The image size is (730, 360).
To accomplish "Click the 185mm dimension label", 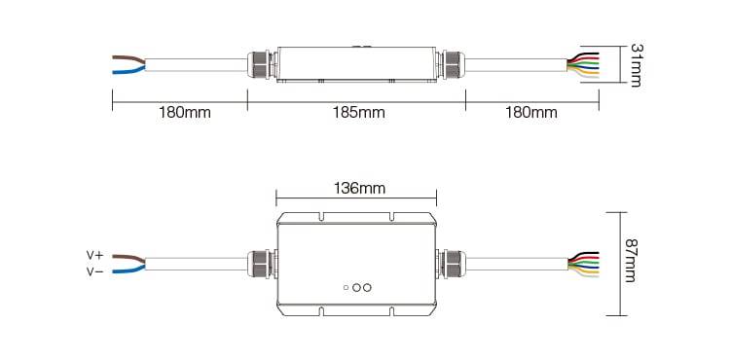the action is pyautogui.click(x=358, y=113).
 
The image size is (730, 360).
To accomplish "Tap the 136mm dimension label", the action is pyautogui.click(x=359, y=189).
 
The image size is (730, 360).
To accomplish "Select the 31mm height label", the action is pyautogui.click(x=636, y=64).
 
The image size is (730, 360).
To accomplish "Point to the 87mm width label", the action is pyautogui.click(x=630, y=261).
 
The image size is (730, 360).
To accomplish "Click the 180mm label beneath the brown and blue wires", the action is pyautogui.click(x=184, y=113).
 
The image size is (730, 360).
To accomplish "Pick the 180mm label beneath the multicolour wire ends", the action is pyautogui.click(x=531, y=113).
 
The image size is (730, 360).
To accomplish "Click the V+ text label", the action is pyautogui.click(x=95, y=255).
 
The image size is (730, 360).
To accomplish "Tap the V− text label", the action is pyautogui.click(x=95, y=271).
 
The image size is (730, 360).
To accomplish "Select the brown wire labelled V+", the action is pyautogui.click(x=128, y=258).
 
